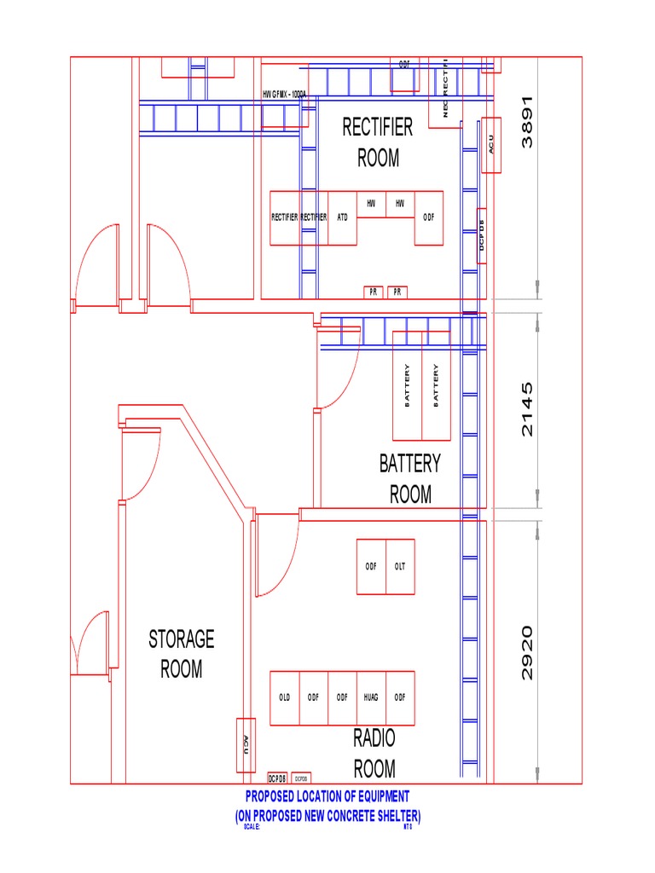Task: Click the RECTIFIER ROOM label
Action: point(377,142)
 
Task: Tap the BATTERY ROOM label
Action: point(410,478)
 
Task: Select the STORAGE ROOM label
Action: point(182,654)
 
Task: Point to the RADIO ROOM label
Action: point(374,754)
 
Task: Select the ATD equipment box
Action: point(342,217)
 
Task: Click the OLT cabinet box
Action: point(400,566)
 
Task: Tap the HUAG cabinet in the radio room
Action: point(371,697)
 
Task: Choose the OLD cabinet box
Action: point(285,697)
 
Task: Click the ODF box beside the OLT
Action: point(371,566)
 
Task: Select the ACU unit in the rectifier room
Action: point(490,145)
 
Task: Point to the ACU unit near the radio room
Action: point(245,745)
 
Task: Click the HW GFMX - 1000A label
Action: point(284,95)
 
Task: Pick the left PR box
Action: point(373,292)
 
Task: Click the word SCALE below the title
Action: point(252,826)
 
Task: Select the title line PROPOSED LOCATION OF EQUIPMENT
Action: point(327,796)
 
